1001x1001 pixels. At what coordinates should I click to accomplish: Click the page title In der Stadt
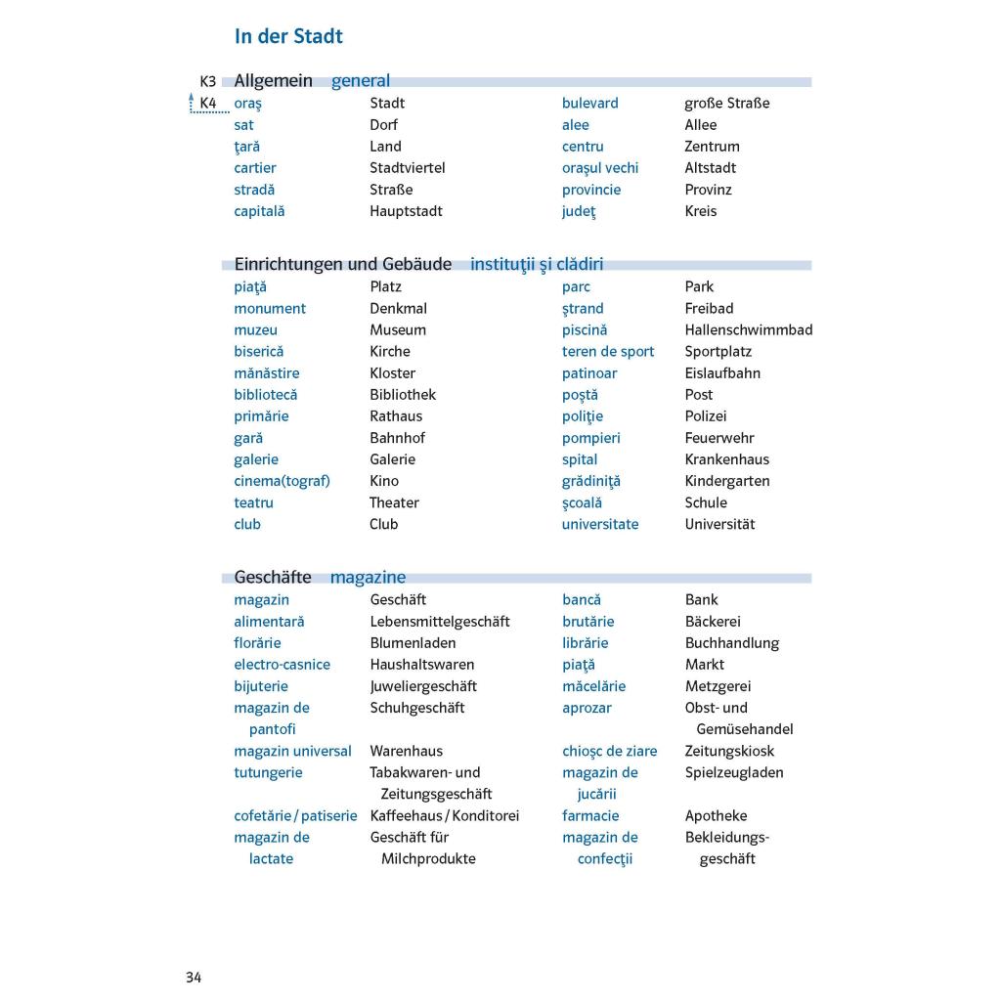tap(288, 37)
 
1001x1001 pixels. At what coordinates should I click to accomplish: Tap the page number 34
tap(194, 978)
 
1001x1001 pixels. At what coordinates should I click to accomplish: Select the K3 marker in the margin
tap(207, 81)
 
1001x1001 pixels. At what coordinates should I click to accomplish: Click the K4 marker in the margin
tap(207, 103)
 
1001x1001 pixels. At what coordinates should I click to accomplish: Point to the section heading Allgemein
tap(273, 81)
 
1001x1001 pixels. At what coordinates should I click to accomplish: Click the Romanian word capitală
tap(259, 211)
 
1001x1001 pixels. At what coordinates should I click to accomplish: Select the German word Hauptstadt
tap(406, 211)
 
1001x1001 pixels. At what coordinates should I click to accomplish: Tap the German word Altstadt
tap(710, 168)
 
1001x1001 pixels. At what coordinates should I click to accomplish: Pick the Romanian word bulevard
tap(589, 103)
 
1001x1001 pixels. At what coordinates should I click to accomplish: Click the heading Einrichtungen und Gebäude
tap(342, 264)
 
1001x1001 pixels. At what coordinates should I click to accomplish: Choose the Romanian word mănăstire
tap(266, 373)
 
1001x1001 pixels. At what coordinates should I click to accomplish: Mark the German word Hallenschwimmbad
tap(748, 330)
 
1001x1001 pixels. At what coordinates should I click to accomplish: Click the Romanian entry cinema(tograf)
tap(282, 481)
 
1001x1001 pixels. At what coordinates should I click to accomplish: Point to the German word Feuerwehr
tap(718, 438)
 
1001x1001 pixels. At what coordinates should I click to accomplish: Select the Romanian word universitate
tap(599, 524)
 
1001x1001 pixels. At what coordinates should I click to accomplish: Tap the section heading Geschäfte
tap(272, 578)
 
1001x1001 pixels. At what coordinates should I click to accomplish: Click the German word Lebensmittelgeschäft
tap(439, 622)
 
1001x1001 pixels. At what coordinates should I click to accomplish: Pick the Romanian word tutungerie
tap(268, 772)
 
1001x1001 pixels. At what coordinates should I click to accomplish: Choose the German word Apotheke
tap(716, 815)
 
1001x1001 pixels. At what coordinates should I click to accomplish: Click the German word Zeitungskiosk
tap(728, 751)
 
